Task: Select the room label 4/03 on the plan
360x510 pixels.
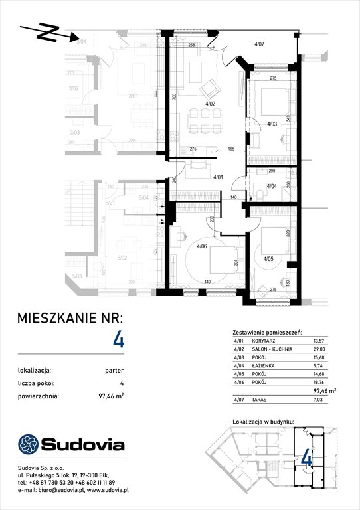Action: (272, 124)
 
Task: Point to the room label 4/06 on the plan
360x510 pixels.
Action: (202, 247)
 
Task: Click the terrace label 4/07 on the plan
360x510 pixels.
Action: (260, 44)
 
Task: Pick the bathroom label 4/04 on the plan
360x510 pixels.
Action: (272, 186)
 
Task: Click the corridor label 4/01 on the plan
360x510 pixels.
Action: (218, 177)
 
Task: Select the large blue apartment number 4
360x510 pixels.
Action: (119, 341)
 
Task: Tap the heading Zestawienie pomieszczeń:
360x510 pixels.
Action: (268, 331)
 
